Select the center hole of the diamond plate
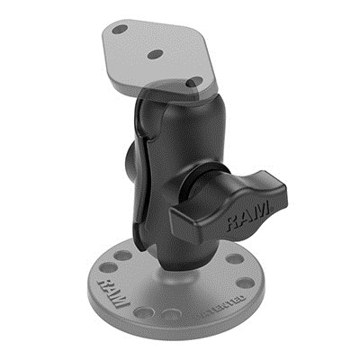click(x=155, y=54)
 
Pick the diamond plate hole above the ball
click(x=191, y=82)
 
